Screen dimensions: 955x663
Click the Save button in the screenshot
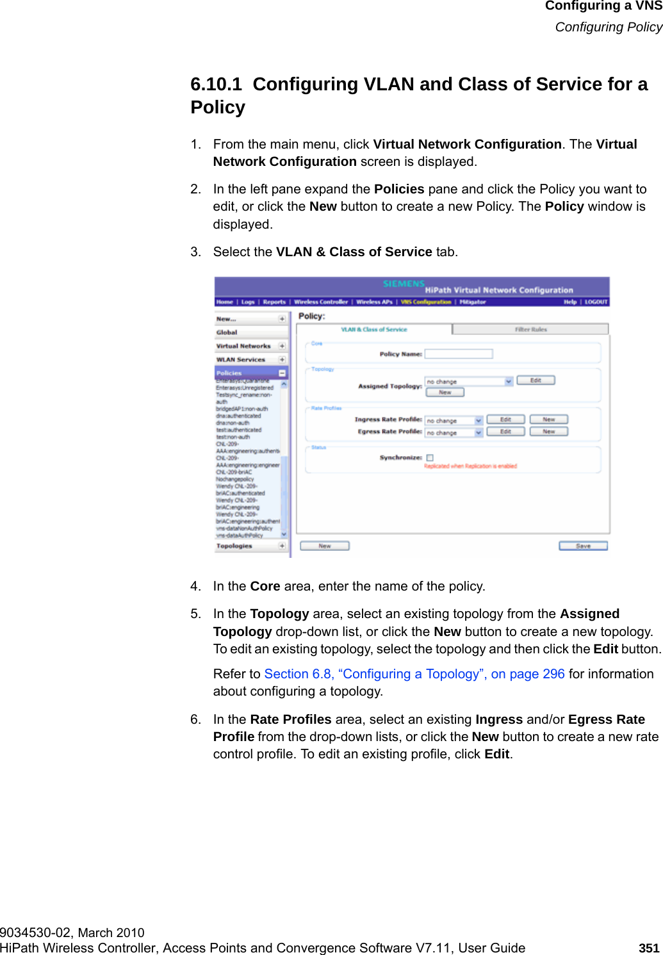583,546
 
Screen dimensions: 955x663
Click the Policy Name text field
459,354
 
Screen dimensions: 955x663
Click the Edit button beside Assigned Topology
536,380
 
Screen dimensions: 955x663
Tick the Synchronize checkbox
430,458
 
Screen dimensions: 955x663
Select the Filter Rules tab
530,329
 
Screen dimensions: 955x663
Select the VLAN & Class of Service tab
374,329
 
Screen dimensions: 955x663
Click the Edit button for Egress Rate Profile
505,432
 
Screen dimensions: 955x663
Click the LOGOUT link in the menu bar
596,302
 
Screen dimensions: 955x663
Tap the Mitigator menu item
473,302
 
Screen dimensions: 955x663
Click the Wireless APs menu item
374,302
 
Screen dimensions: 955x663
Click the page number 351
649,948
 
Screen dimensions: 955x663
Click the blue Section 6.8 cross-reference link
414,674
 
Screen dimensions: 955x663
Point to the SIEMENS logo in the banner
404,284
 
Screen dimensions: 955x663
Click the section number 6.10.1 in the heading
216,85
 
